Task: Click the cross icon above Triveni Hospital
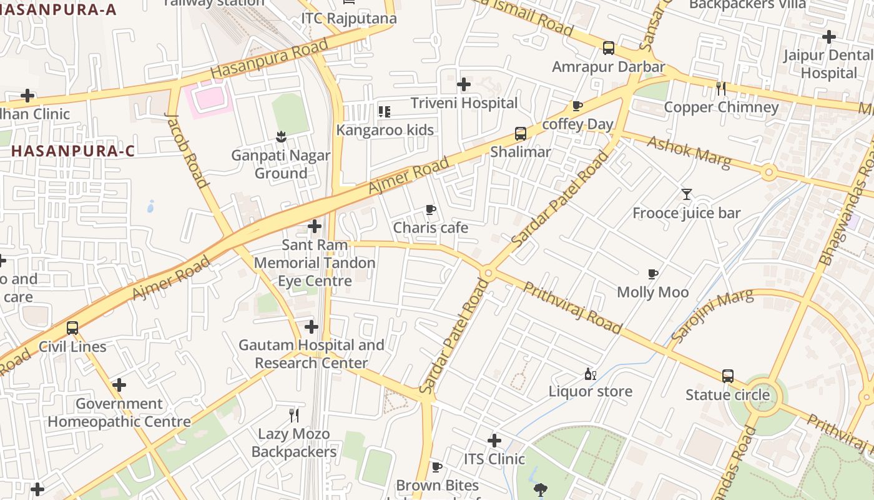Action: [464, 84]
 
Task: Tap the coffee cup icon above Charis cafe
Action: [430, 209]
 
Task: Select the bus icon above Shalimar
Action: [520, 133]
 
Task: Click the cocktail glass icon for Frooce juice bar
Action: [687, 194]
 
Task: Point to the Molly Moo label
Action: [652, 292]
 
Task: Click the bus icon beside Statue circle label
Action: [727, 376]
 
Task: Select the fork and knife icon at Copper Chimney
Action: [721, 88]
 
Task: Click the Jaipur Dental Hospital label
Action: [829, 64]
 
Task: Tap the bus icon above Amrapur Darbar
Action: [608, 47]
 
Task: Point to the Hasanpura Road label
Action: [269, 59]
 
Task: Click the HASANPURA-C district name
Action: [73, 151]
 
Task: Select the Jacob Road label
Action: [185, 150]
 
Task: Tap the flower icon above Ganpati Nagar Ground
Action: [281, 136]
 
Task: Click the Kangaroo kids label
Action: [385, 130]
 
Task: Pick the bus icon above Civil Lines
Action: [72, 327]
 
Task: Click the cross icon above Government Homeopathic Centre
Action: [119, 385]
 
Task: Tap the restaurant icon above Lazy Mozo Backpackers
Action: [294, 415]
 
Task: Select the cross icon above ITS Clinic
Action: [494, 441]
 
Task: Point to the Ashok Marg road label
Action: [689, 152]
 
